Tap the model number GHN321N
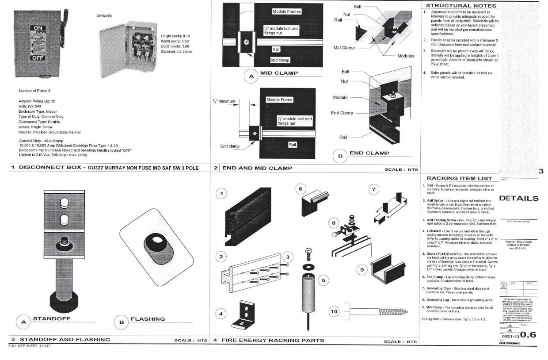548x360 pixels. pyautogui.click(x=104, y=15)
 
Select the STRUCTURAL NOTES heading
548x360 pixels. pyautogui.click(x=461, y=6)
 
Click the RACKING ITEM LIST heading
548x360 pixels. pyautogui.click(x=459, y=178)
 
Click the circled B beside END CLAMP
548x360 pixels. pyautogui.click(x=340, y=156)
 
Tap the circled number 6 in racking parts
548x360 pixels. pyautogui.click(x=301, y=189)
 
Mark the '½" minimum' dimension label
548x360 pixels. pyautogui.click(x=224, y=101)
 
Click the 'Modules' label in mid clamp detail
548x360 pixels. pyautogui.click(x=406, y=56)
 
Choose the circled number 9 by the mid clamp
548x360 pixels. pyautogui.click(x=362, y=269)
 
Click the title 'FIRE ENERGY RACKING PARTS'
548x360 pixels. pyautogui.click(x=273, y=341)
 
